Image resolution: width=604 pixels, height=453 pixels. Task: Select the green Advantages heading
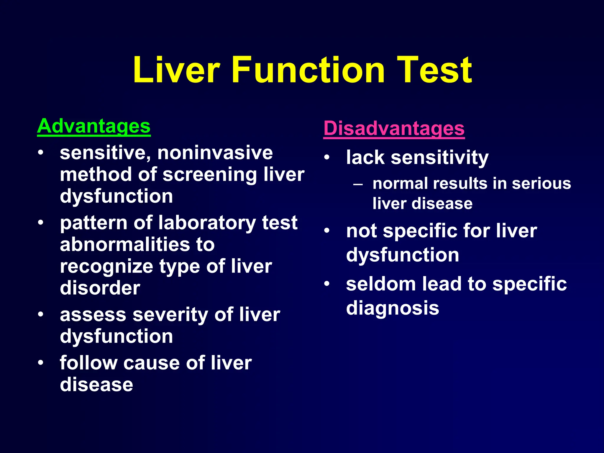pyautogui.click(x=94, y=126)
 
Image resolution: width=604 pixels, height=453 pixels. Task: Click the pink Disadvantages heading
pyautogui.click(x=394, y=128)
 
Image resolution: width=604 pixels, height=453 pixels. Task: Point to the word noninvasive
pyautogui.click(x=215, y=153)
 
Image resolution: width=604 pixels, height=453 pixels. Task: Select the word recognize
pyautogui.click(x=106, y=266)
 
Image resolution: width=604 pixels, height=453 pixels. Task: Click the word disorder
pyautogui.click(x=100, y=288)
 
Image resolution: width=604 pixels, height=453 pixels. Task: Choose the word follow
pyautogui.click(x=88, y=363)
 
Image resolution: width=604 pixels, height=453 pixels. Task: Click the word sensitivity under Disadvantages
pyautogui.click(x=439, y=157)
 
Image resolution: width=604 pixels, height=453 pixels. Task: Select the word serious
pyautogui.click(x=541, y=183)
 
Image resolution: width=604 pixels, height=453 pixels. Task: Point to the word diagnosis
pyautogui.click(x=393, y=308)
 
